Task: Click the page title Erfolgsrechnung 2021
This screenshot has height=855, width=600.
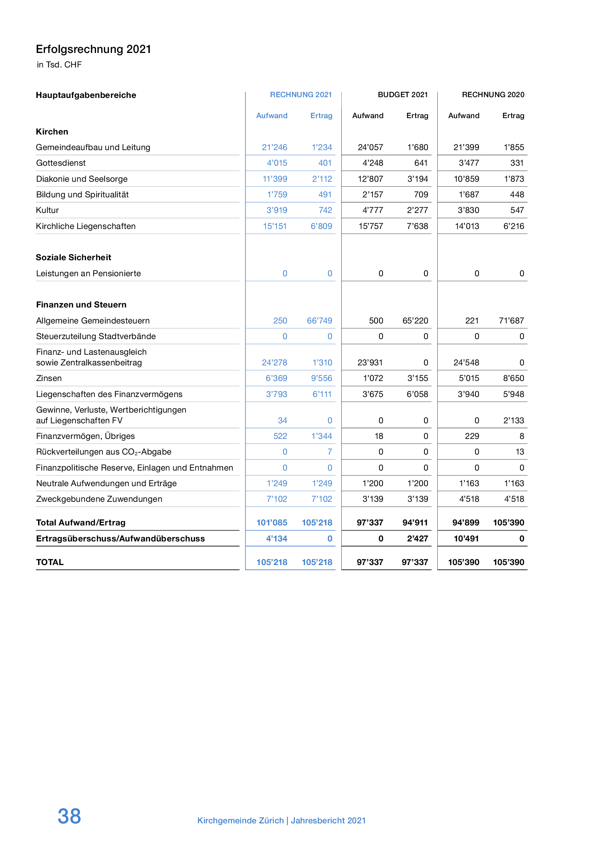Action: (93, 49)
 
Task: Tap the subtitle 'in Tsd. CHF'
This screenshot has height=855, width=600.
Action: (59, 65)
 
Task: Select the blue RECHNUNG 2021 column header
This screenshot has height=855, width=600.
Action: (301, 95)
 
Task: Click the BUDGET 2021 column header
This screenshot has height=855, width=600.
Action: (402, 95)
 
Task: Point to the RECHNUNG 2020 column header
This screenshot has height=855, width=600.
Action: (493, 95)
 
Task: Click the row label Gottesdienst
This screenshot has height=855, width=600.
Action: (61, 163)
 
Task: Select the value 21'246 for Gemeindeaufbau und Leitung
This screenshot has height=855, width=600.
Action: (274, 147)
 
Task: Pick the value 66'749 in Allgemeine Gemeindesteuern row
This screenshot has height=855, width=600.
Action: (319, 321)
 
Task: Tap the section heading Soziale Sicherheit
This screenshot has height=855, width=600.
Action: (74, 258)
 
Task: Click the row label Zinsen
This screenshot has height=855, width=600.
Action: (49, 378)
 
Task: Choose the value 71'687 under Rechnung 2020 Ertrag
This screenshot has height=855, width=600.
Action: (511, 321)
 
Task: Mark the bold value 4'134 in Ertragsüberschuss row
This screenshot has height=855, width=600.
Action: (276, 539)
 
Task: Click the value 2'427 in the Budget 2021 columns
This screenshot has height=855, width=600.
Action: (417, 539)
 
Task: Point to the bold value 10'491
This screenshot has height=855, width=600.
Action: (466, 539)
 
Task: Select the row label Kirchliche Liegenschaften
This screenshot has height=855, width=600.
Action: (86, 226)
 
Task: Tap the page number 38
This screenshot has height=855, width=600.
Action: (69, 816)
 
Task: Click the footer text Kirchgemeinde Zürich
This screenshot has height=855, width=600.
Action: (240, 820)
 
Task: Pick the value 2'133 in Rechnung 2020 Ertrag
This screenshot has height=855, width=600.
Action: (514, 421)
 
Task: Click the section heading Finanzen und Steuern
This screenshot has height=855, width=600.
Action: (81, 305)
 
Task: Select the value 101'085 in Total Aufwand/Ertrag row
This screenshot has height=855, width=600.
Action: (272, 523)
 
